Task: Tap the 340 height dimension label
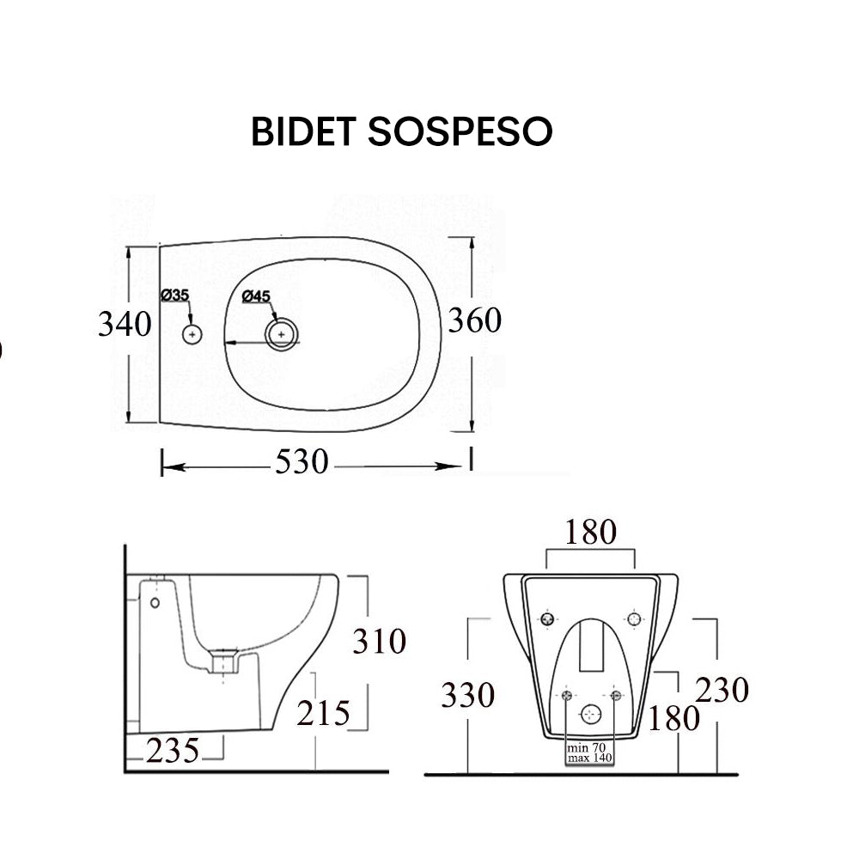[x=124, y=325]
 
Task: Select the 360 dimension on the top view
[x=474, y=320]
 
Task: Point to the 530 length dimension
[x=302, y=462]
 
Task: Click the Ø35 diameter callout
[x=174, y=295]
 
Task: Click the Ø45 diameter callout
[x=256, y=296]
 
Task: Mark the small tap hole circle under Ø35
[x=192, y=332]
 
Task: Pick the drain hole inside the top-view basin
[x=281, y=333]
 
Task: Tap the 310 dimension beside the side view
[x=379, y=641]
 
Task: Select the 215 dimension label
[x=325, y=712]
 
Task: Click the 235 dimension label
[x=172, y=751]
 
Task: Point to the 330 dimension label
[x=468, y=695]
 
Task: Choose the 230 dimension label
[x=722, y=690]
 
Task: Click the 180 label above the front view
[x=590, y=533]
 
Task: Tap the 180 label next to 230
[x=674, y=718]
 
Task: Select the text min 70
[x=589, y=749]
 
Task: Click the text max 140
[x=589, y=759]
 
